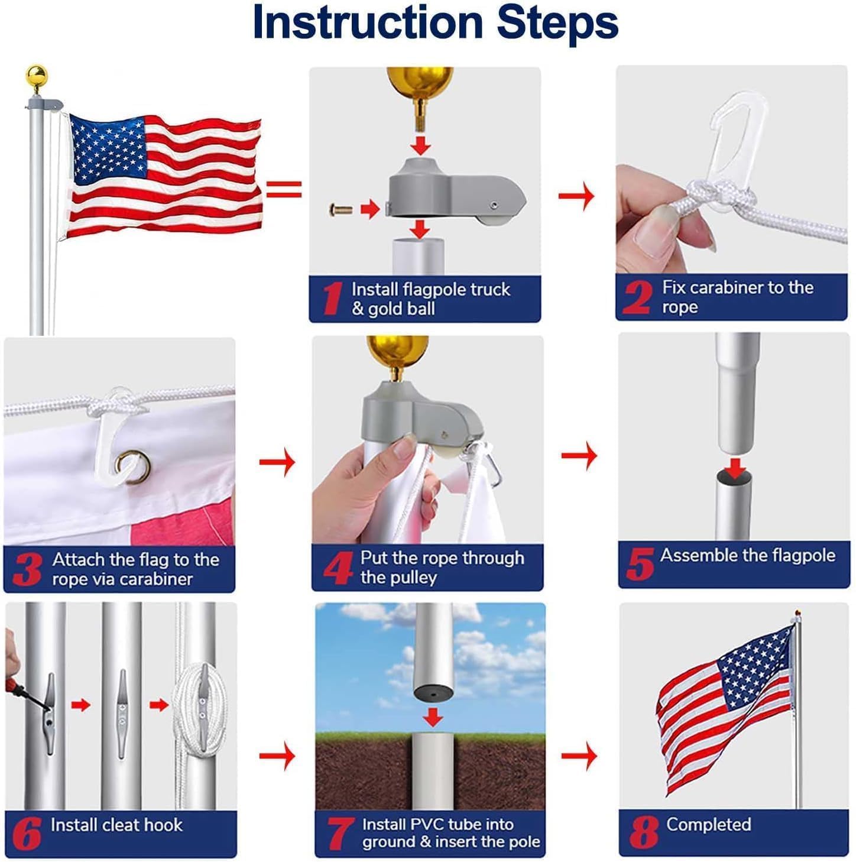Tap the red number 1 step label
332,299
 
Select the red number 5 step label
639,564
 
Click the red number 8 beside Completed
643,832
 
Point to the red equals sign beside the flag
284,189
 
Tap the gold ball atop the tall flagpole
36,76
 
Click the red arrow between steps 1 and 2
576,196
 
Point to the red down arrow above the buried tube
433,717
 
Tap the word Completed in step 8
708,824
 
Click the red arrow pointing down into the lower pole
735,467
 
